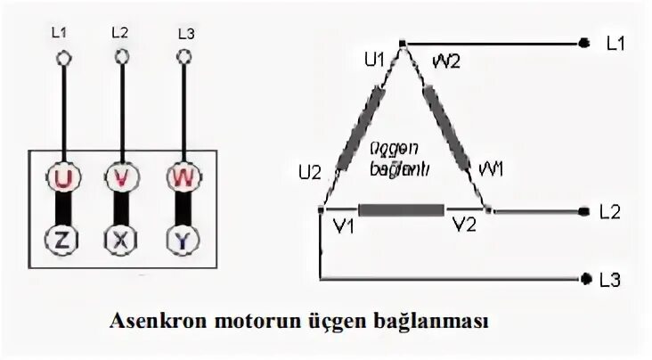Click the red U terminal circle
(63, 178)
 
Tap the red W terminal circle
(182, 178)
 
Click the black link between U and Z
(63, 209)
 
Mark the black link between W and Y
(182, 209)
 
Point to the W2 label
(444, 61)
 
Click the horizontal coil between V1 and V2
(401, 211)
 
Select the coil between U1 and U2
(360, 124)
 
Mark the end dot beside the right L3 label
(584, 280)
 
